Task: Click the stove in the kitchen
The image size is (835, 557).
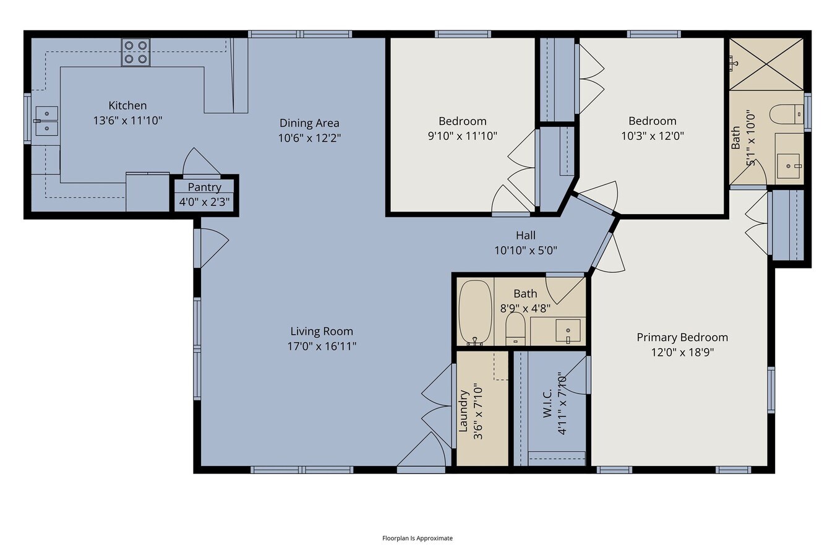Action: coord(136,53)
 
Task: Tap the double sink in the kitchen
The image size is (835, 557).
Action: coord(46,121)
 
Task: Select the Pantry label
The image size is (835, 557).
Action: coord(204,187)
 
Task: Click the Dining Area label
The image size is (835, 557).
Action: coord(309,123)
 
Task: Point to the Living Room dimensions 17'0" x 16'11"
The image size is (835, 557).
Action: coord(322,346)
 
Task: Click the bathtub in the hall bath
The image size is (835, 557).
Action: coord(475,313)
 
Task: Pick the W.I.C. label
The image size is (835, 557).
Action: coord(547,404)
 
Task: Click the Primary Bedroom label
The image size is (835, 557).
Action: coord(682,337)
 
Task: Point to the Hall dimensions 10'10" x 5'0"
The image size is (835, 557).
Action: coord(526,251)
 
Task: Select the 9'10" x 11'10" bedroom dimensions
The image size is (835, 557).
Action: coord(462,136)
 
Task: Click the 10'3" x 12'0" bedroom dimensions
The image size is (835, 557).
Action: coord(652,136)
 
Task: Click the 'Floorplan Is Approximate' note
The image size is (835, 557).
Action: coord(417,538)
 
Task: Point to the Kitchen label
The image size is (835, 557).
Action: coord(127,105)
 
